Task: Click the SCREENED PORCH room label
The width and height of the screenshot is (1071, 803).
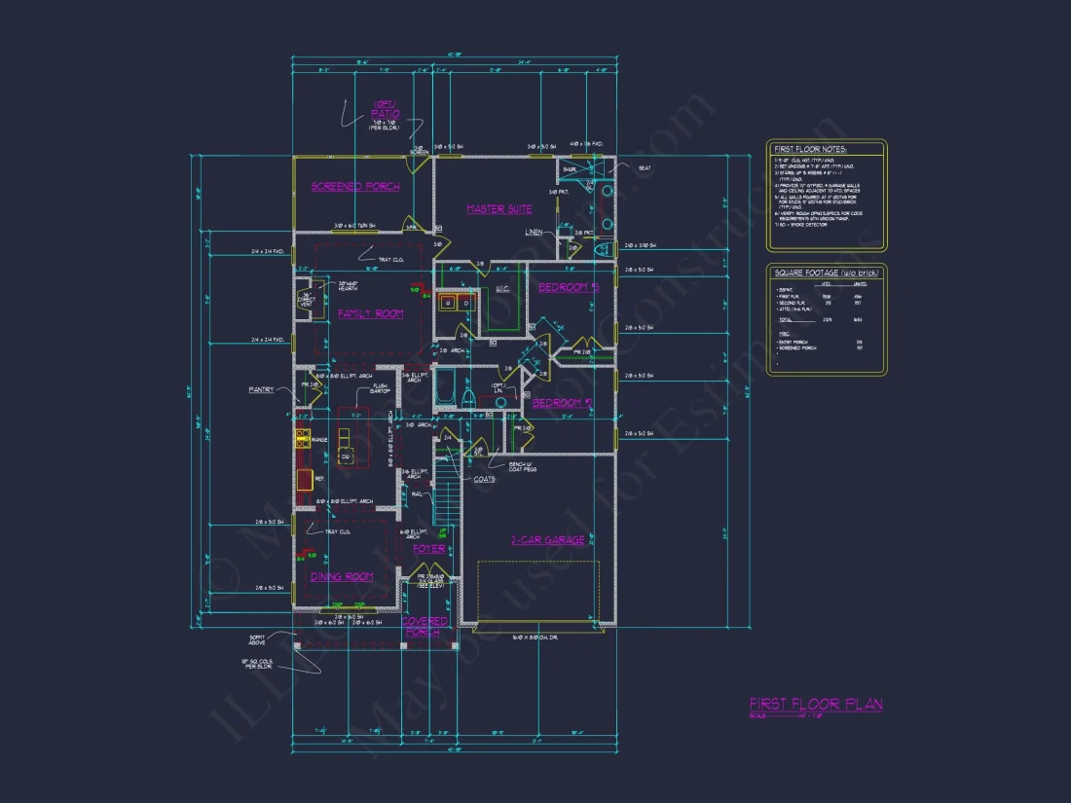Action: pos(355,186)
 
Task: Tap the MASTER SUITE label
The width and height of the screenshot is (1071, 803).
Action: pos(499,209)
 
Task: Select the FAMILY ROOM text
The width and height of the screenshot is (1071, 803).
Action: pos(370,313)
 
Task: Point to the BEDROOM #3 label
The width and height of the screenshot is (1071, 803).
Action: pos(568,287)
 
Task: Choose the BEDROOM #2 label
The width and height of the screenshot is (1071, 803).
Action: pos(562,402)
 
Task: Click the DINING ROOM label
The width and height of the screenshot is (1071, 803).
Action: pos(342,577)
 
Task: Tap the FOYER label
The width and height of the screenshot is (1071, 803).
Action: pos(428,549)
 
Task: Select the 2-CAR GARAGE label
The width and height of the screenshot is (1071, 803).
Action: pos(547,540)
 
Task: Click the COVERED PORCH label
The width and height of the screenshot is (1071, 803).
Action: pos(425,626)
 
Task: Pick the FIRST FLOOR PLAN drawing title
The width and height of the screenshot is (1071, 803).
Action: pos(815,704)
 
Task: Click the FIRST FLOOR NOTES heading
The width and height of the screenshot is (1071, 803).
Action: pos(809,149)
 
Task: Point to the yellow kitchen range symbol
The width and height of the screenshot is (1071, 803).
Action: pos(303,439)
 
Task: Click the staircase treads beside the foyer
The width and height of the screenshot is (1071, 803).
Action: pos(446,494)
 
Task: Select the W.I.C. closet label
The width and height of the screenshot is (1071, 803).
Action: pos(503,288)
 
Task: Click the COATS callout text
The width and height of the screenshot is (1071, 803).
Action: pos(485,479)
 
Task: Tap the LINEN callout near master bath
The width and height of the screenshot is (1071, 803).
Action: pos(534,233)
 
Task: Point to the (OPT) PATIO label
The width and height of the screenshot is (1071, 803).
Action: pos(385,110)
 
